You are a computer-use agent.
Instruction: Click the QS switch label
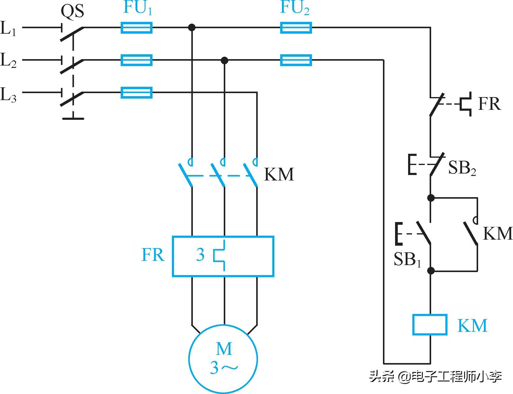pos(72,12)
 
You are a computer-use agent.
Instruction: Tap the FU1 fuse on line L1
pos(136,28)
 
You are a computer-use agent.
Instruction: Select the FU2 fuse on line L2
pos(296,60)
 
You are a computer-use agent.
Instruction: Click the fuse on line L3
pos(136,93)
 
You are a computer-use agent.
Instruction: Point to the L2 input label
pos(8,60)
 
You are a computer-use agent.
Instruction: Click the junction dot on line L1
pos(192,28)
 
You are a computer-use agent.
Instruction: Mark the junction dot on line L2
pos(224,60)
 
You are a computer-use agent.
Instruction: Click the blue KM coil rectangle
pos(430,325)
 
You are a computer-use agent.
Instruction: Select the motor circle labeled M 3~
pos(223,359)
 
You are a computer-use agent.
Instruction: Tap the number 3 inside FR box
pos(200,255)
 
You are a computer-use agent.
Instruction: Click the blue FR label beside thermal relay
pos(153,255)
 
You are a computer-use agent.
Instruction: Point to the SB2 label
pos(462,168)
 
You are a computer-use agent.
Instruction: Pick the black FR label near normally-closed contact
pos(489,104)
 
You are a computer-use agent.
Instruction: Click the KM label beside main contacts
pos(279,174)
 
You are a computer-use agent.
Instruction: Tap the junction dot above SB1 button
pos(431,198)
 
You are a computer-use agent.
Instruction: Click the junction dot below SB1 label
pos(431,271)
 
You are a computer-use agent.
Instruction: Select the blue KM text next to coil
pos(472,325)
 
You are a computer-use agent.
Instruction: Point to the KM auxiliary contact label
pos(497,233)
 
